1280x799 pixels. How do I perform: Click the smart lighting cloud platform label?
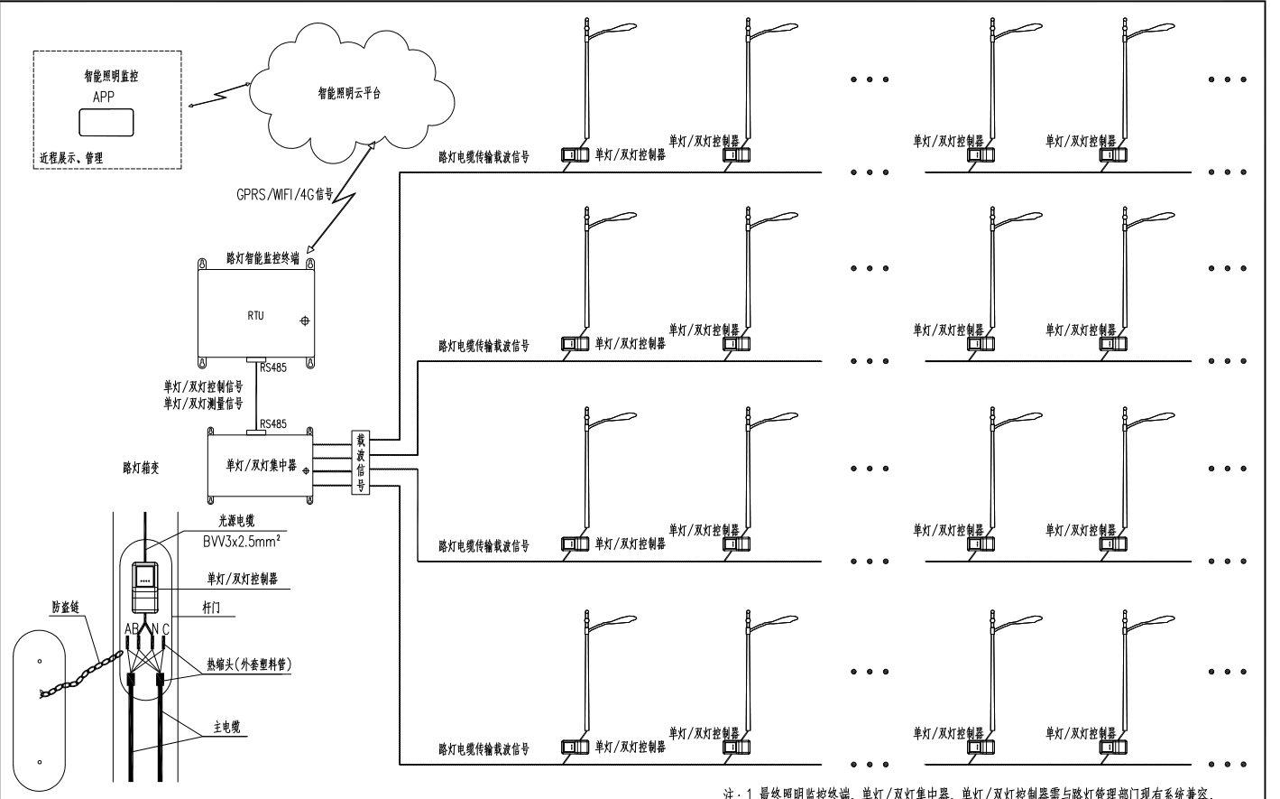point(349,93)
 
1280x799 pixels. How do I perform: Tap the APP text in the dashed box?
point(104,97)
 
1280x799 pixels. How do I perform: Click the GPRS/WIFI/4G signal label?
point(285,194)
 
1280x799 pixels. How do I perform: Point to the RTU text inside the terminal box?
point(256,316)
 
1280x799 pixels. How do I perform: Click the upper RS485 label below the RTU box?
point(273,367)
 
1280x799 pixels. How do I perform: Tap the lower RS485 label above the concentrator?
point(273,424)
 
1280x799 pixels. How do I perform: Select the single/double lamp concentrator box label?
point(262,466)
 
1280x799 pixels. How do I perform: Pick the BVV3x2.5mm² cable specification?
point(241,541)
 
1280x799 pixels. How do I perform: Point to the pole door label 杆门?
point(211,608)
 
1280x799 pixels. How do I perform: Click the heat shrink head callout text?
point(249,664)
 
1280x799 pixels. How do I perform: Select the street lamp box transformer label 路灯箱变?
point(143,468)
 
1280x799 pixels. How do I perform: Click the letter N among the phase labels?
point(154,629)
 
